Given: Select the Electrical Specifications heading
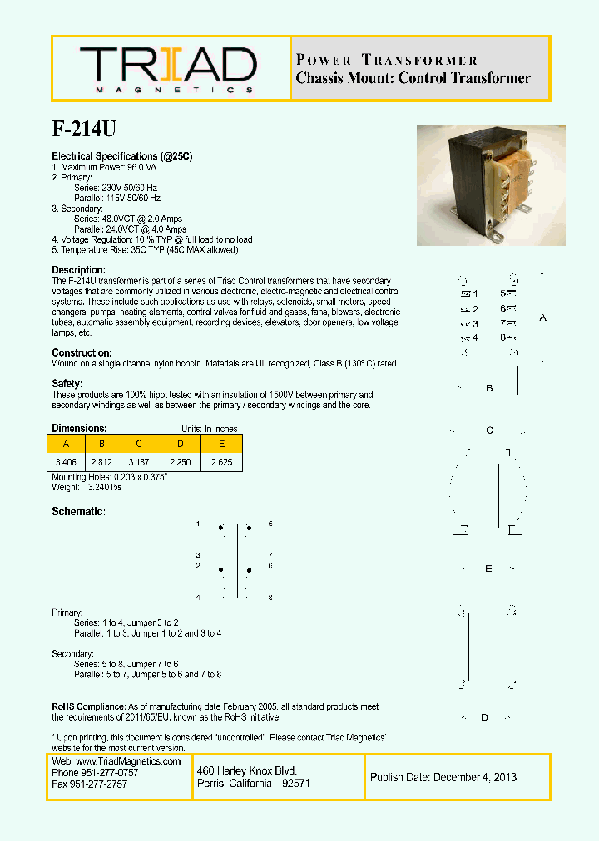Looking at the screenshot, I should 122,156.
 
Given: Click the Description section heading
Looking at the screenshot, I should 78,270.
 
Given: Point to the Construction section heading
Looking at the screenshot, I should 82,353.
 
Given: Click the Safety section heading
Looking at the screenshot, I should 67,384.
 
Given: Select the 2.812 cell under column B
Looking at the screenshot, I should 102,460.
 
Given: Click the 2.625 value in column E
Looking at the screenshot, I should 221,460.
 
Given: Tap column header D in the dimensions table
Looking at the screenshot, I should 181,443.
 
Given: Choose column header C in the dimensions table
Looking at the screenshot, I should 139,443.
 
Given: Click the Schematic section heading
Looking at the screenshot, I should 78,512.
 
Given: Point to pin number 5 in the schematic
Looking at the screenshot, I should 271,524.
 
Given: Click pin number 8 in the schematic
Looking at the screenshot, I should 271,598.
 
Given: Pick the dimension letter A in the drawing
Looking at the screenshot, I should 543,317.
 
